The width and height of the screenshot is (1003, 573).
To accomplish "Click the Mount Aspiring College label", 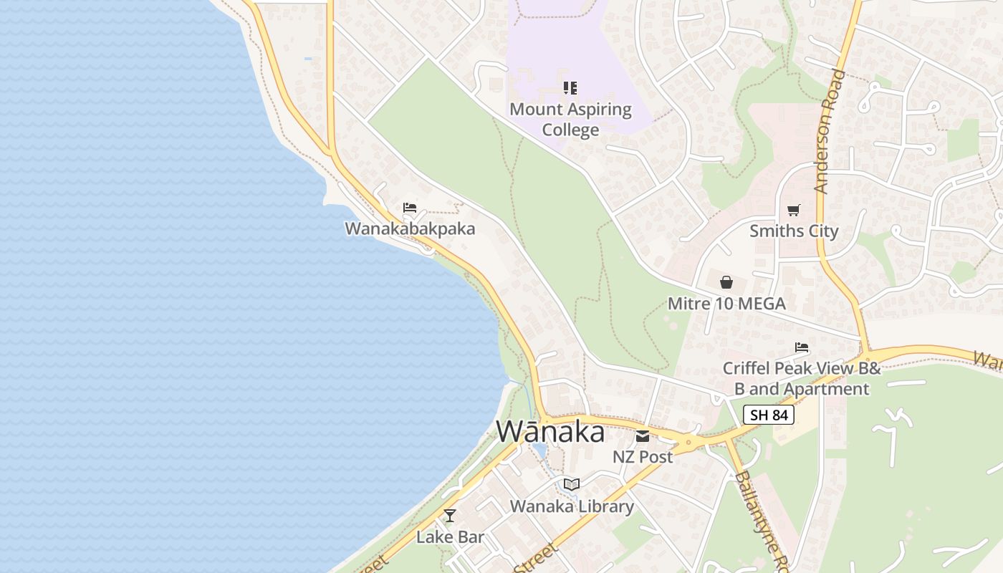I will [x=570, y=120].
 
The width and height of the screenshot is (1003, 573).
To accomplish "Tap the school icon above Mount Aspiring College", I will [x=570, y=88].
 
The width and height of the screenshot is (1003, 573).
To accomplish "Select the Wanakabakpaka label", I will [x=410, y=228].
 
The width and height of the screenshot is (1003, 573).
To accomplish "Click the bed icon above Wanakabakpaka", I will [x=410, y=208].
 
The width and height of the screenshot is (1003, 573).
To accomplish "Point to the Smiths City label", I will [x=793, y=231].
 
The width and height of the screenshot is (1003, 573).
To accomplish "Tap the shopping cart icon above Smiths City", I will [x=793, y=210].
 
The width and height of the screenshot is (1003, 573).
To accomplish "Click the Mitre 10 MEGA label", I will [x=726, y=303].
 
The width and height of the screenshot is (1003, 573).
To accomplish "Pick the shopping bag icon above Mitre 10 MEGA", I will [x=726, y=282].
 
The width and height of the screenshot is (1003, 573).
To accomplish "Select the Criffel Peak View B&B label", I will [x=801, y=378].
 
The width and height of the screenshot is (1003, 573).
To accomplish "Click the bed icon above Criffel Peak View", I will [x=802, y=347].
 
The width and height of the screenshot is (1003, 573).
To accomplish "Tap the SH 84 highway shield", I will [x=768, y=415].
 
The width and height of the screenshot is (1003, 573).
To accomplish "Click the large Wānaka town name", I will [x=550, y=432].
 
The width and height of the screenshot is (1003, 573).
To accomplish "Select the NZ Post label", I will [x=643, y=456].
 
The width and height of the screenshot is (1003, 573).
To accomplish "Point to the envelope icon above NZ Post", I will [x=643, y=435].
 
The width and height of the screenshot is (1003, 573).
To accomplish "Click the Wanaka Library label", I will [x=572, y=506].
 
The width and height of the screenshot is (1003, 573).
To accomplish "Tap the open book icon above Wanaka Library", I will [x=572, y=485].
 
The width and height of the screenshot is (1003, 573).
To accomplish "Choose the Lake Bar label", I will [x=450, y=536].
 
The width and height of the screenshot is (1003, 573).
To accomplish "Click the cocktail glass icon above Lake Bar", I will [x=450, y=516].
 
